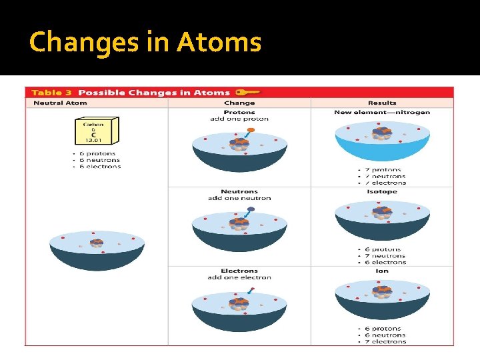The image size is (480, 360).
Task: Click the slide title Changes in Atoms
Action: [x=145, y=42]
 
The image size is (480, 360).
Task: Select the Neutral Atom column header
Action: [x=60, y=103]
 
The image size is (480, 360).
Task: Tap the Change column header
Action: [x=239, y=103]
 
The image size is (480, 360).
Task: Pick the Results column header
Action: [x=382, y=103]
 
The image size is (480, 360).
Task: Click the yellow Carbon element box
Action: [x=96, y=132]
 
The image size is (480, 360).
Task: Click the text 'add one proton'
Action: [x=239, y=119]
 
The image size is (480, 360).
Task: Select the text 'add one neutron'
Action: [x=239, y=198]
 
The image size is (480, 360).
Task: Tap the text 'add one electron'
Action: [x=239, y=277]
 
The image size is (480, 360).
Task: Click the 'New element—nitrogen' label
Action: [x=382, y=112]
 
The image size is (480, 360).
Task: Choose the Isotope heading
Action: [x=382, y=191]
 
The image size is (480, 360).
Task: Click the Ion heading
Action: [x=382, y=271]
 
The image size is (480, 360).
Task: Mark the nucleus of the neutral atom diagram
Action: [x=97, y=243]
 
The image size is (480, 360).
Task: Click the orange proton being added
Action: [x=251, y=131]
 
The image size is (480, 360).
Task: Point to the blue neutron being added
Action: [x=251, y=209]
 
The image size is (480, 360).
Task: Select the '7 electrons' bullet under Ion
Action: [x=385, y=341]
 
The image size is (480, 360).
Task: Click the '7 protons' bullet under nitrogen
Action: [x=385, y=170]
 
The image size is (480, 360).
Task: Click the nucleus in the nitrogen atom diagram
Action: [x=382, y=133]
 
